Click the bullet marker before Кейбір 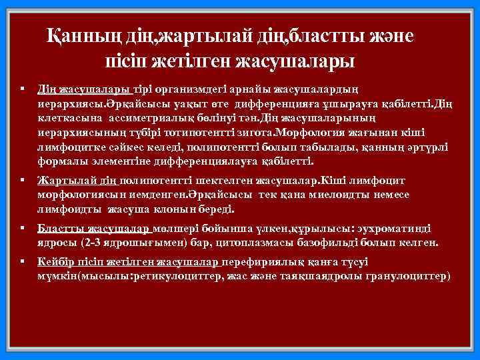pyautogui.click(x=23, y=262)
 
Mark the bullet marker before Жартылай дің pyautogui.click(x=23, y=180)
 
